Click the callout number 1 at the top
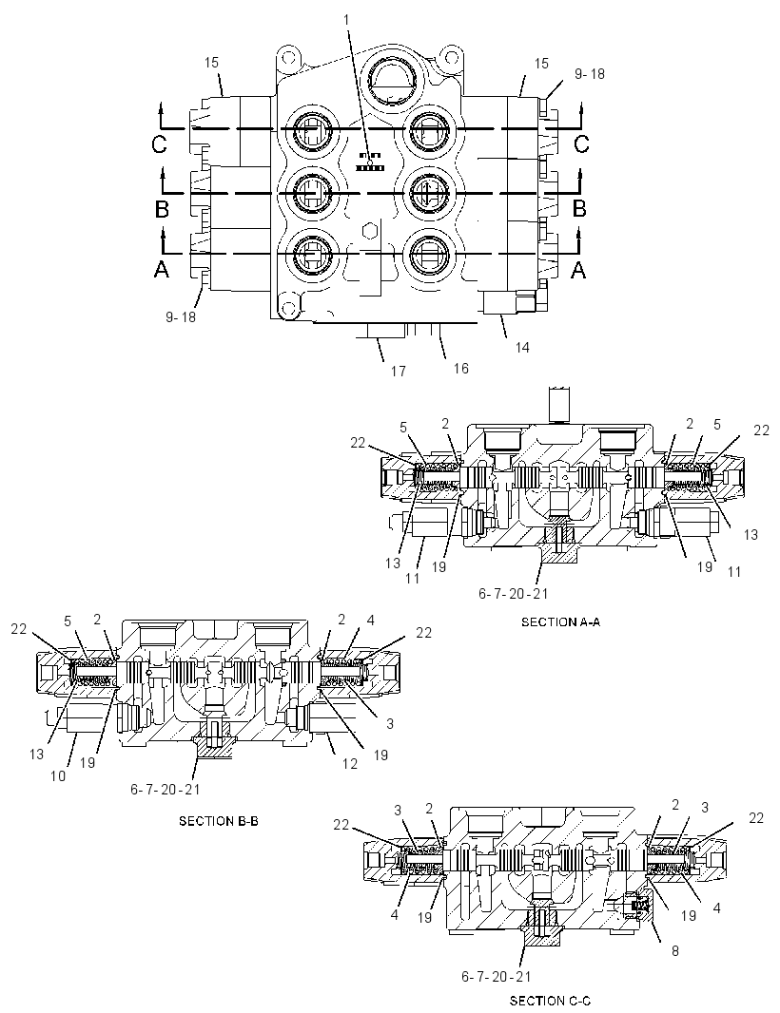pos(346,20)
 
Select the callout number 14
pos(522,348)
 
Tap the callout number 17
pos(398,371)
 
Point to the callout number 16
pos(460,369)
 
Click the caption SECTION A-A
pos(561,622)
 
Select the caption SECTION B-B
pos(219,821)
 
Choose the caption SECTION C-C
pos(551,1001)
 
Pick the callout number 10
pos(58,775)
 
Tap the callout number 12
pos(349,764)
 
